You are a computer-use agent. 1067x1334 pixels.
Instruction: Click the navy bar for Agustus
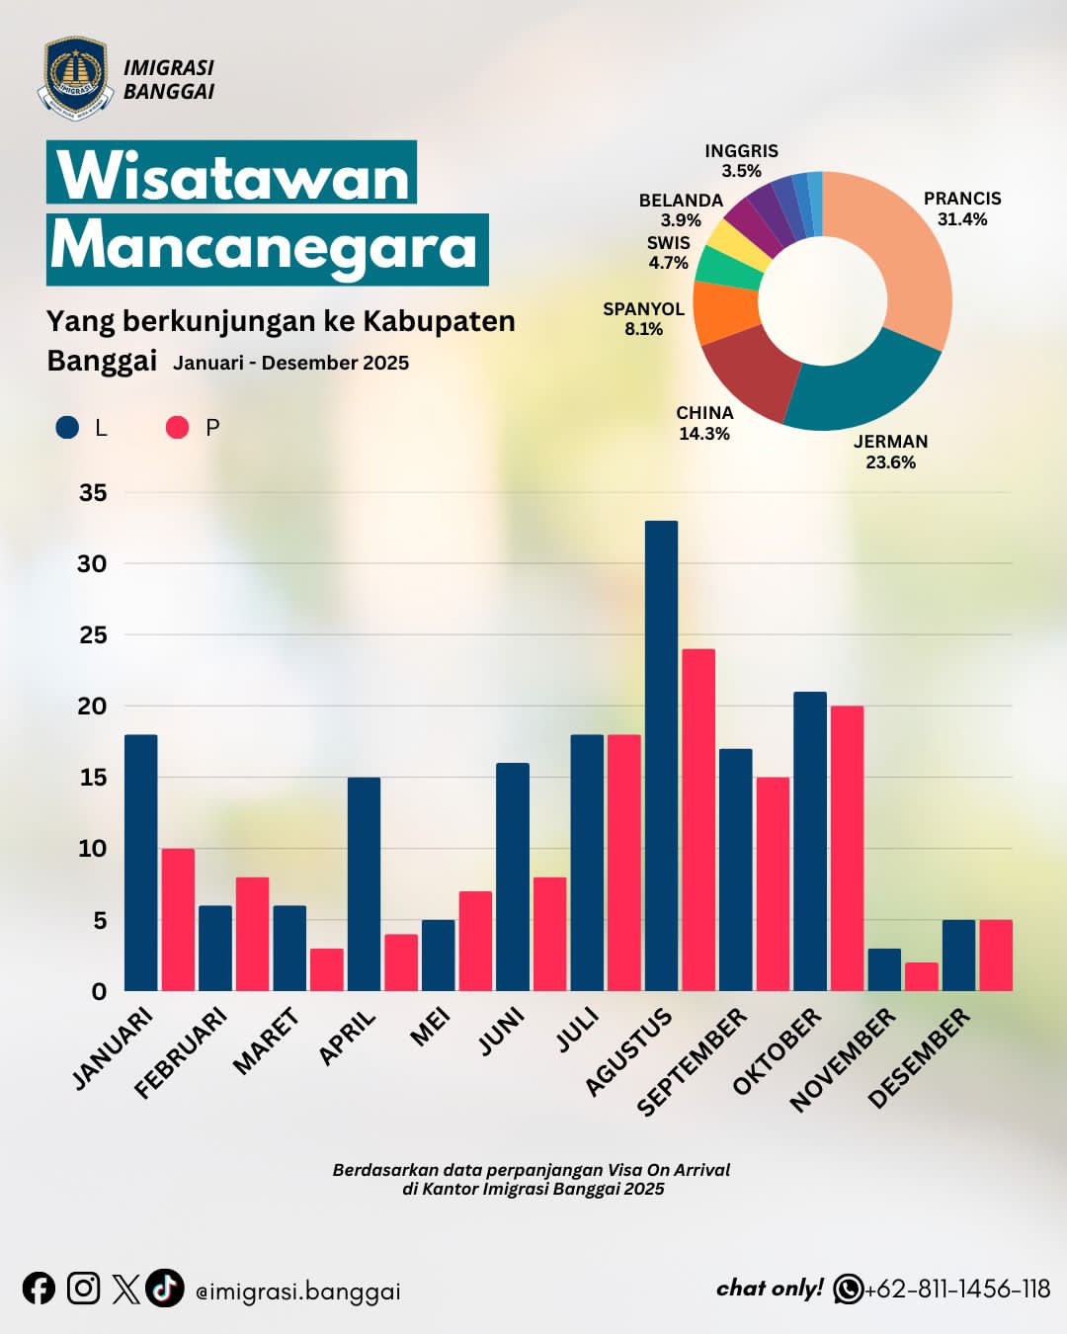[x=661, y=756]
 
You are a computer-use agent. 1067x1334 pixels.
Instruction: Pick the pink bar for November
[x=921, y=976]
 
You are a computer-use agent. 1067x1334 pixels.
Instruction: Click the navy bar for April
[x=364, y=883]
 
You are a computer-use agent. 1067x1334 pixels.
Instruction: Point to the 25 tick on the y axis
[x=93, y=635]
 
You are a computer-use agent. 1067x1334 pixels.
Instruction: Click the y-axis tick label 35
[x=93, y=493]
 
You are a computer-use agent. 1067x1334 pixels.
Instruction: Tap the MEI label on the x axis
[x=431, y=1027]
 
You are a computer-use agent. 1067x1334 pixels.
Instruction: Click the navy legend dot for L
[x=67, y=427]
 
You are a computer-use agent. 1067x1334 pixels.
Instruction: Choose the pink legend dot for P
[x=177, y=427]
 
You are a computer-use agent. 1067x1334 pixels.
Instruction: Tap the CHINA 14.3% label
[x=704, y=423]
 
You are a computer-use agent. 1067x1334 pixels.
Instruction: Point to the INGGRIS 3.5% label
[x=741, y=160]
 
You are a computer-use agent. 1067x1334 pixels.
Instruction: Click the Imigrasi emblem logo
[x=75, y=77]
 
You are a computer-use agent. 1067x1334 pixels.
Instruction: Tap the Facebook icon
[x=39, y=1289]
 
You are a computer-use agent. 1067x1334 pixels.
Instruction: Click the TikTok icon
[x=165, y=1288]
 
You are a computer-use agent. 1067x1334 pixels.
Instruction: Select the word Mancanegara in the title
[x=266, y=247]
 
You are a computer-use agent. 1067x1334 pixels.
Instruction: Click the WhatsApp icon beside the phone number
[x=848, y=1289]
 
